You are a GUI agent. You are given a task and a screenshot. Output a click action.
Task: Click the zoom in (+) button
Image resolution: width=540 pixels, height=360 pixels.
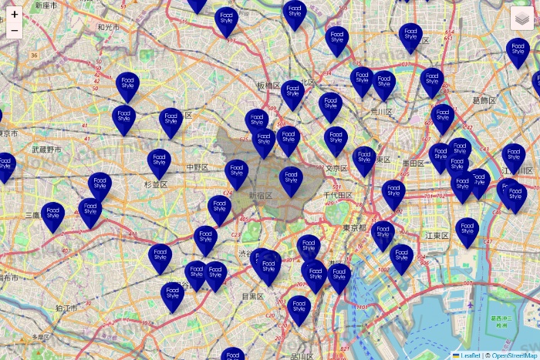pos(15,14)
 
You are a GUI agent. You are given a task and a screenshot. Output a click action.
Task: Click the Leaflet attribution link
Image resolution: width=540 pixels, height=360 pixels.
pos(470,355)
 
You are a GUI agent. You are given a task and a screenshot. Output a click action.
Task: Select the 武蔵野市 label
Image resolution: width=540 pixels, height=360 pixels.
pos(47,149)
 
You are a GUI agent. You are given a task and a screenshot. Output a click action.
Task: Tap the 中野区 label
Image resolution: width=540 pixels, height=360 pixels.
pos(198,167)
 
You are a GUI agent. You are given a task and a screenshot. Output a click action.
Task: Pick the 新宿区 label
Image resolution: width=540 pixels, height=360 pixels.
pos(261,196)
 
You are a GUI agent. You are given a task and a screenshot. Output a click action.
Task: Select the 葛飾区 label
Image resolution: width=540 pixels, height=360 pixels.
pos(484,100)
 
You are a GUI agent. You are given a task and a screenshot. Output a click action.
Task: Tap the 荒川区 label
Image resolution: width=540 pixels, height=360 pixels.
pos(381,112)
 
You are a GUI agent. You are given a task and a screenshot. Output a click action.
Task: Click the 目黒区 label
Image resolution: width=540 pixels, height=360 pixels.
pos(253,296)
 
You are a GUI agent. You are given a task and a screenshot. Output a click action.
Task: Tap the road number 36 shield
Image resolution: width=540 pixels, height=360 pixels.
pos(34,56)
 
